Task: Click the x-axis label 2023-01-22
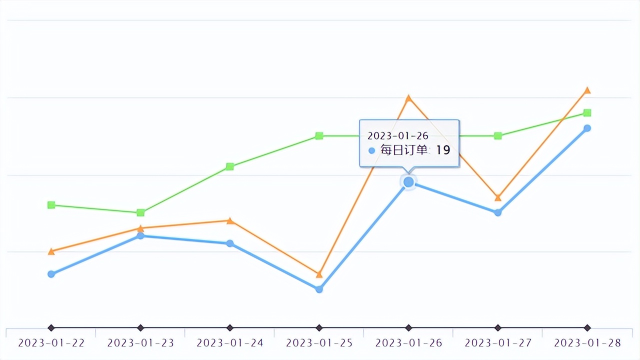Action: pos(51,343)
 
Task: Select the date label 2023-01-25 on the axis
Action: pos(319,343)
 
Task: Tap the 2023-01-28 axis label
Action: pos(587,343)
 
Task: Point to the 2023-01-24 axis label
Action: pos(229,343)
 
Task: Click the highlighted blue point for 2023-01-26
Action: pos(408,182)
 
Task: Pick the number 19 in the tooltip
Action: pos(443,149)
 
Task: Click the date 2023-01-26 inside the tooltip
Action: pos(398,135)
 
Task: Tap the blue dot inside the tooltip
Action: pos(371,150)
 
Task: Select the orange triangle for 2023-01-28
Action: pos(587,90)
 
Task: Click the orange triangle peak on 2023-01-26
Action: pos(408,98)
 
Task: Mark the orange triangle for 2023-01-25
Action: pos(319,274)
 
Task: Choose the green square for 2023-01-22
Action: pos(51,205)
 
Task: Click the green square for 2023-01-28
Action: pos(587,112)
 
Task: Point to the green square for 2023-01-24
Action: pos(229,166)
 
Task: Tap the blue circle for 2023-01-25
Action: pos(319,289)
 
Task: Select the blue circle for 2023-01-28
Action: pos(587,128)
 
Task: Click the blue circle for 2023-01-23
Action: pos(140,235)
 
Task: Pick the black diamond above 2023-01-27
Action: pos(498,328)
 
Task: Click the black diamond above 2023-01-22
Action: pos(51,328)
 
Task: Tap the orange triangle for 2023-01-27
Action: pos(498,198)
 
